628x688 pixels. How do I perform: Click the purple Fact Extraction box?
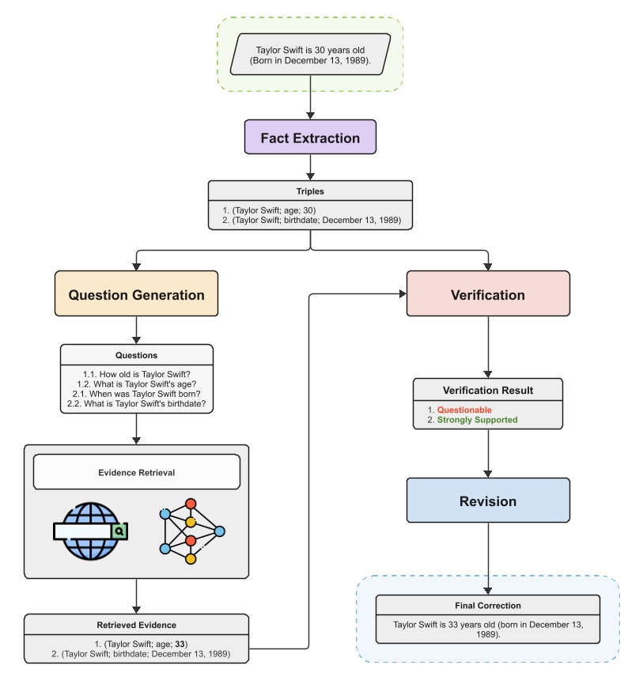pyautogui.click(x=310, y=138)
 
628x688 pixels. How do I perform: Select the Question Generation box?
pyautogui.click(x=136, y=295)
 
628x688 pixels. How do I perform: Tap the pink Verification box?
pyautogui.click(x=487, y=295)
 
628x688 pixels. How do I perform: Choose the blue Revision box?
pyautogui.click(x=487, y=501)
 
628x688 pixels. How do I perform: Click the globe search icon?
pyautogui.click(x=89, y=531)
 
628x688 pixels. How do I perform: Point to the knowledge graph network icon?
pyautogui.click(x=191, y=531)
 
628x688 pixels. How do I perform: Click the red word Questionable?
pyautogui.click(x=464, y=410)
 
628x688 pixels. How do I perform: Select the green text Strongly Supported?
pyautogui.click(x=477, y=420)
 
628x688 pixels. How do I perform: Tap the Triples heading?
pyautogui.click(x=310, y=191)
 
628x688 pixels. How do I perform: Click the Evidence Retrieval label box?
pyautogui.click(x=136, y=473)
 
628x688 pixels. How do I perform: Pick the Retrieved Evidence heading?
pyautogui.click(x=136, y=625)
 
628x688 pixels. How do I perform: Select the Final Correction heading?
pyautogui.click(x=488, y=606)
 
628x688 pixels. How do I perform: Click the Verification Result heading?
pyautogui.click(x=487, y=390)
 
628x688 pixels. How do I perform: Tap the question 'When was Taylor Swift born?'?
pyautogui.click(x=136, y=394)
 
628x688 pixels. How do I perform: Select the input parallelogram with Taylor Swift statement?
pyautogui.click(x=310, y=55)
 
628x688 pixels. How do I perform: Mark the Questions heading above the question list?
pyautogui.click(x=136, y=355)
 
